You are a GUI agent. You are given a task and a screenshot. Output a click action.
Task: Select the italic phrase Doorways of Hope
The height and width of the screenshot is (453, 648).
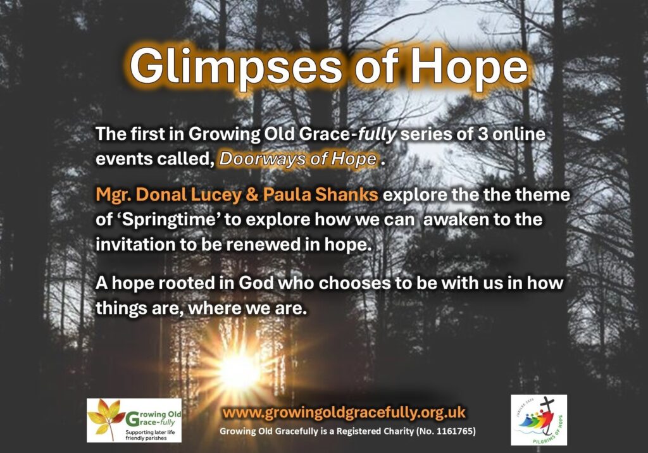298,159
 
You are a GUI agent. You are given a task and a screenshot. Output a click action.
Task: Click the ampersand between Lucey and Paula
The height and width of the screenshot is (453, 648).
252,195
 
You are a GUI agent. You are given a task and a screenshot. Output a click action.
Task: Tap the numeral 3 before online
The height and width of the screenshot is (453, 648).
482,134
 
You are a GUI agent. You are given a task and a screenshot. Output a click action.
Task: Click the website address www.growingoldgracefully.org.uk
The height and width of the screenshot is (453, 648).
344,413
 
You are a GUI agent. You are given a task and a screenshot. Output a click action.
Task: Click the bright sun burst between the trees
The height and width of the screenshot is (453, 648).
239,371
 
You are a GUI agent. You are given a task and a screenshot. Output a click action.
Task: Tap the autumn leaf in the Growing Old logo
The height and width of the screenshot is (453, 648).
107,417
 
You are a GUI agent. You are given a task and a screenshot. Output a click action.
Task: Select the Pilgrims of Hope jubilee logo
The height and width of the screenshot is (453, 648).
539,420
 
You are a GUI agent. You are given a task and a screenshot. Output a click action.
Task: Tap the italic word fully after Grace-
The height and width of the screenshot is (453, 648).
377,135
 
